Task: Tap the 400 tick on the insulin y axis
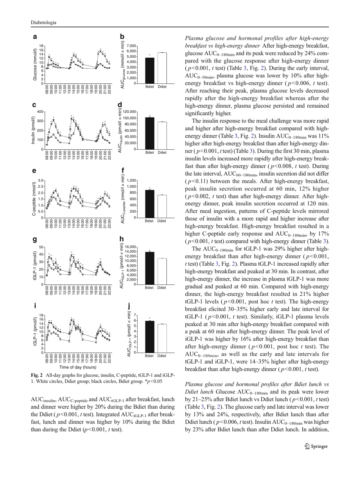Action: (41, 112)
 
